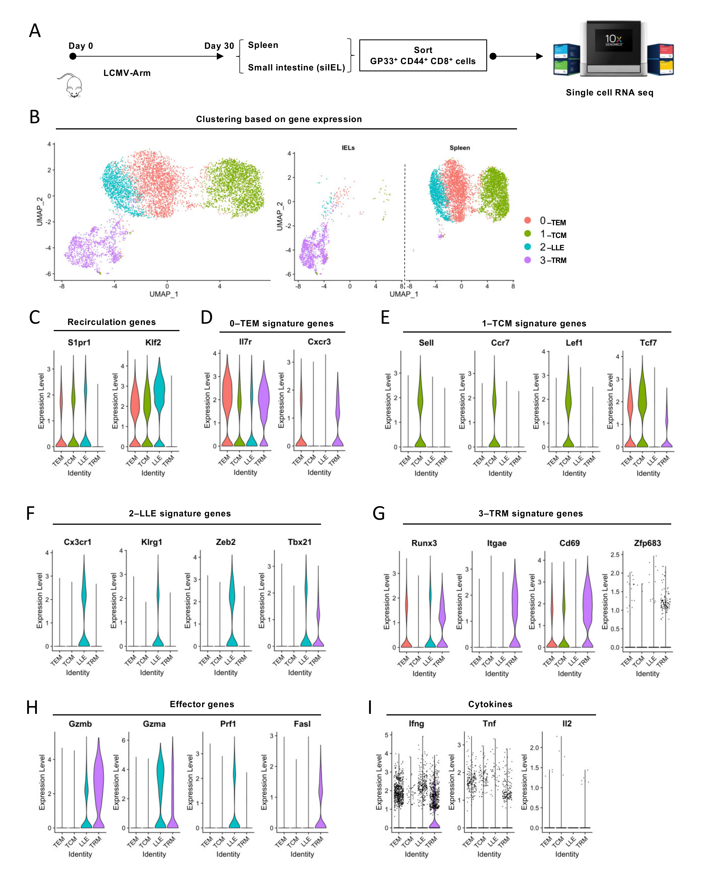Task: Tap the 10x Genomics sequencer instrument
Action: [613, 49]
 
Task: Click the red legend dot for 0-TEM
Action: [527, 220]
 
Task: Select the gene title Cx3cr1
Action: [78, 542]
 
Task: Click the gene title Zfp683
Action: [648, 543]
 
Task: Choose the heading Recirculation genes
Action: [112, 322]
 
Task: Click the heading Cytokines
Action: [490, 704]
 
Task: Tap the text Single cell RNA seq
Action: [609, 93]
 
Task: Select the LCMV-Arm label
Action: [127, 73]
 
